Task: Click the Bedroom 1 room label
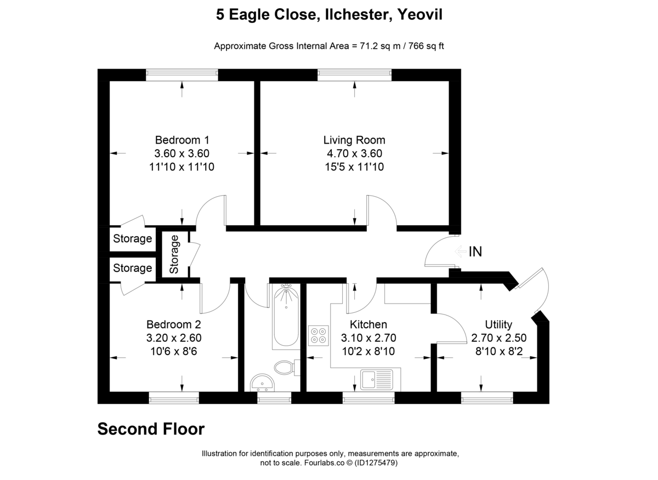[181, 140]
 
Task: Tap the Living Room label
[354, 140]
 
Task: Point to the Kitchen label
[368, 324]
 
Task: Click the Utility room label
[498, 324]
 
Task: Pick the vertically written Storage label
[174, 254]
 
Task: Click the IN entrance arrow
[462, 252]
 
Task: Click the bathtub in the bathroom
[286, 317]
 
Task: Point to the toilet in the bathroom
[286, 367]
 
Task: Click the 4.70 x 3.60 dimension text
[354, 153]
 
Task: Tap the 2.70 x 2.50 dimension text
[498, 338]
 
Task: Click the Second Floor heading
[151, 429]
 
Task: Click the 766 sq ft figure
[426, 46]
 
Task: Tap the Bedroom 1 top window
[182, 75]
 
